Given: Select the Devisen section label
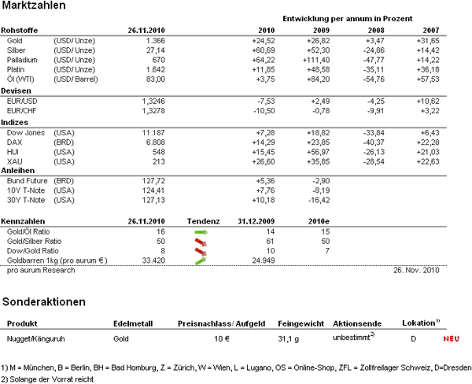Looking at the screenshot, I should pos(19,90).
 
